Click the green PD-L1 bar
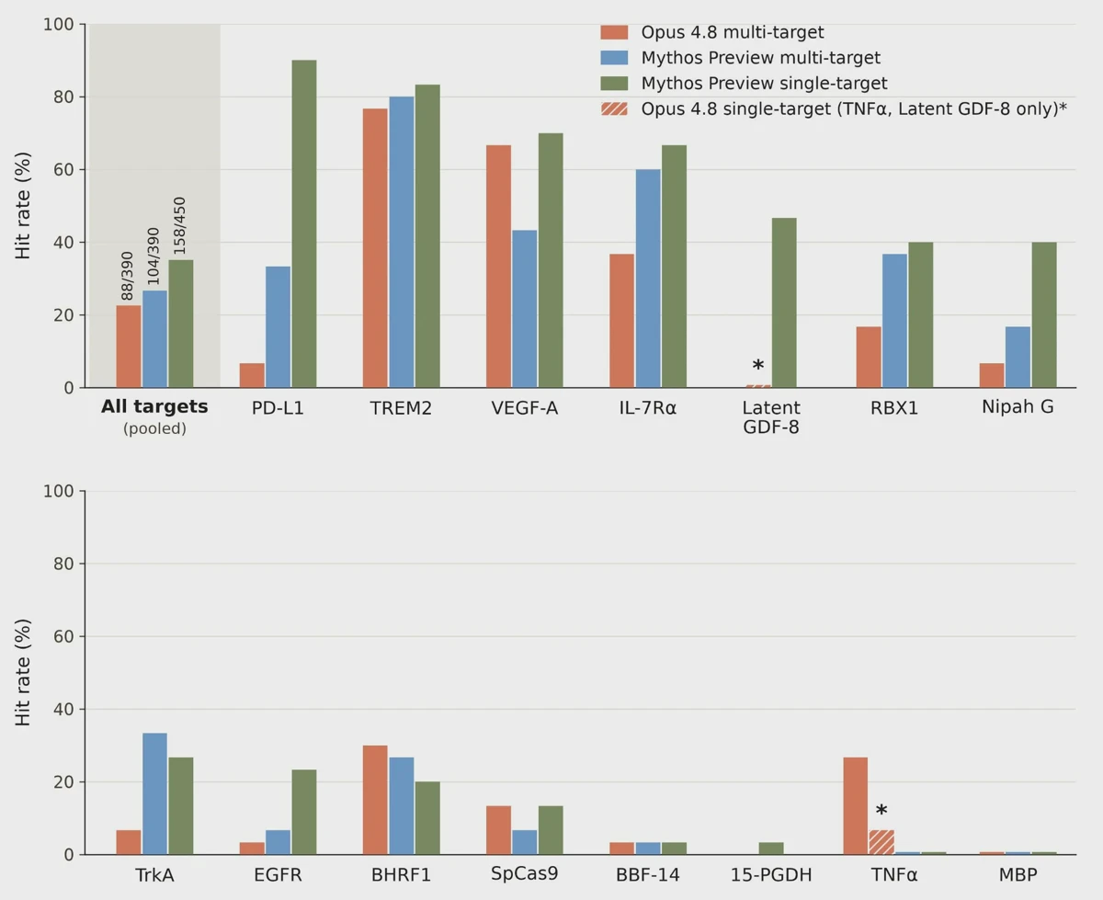point(304,223)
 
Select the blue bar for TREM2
point(401,242)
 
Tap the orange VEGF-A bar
point(498,267)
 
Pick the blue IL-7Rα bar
point(648,279)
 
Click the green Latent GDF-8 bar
point(784,302)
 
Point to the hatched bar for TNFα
point(881,842)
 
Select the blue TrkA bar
point(154,794)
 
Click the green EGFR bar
point(304,812)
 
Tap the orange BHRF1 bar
point(375,800)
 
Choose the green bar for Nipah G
point(1044,314)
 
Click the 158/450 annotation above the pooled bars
point(180,226)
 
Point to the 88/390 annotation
point(127,276)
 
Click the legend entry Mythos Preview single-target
point(764,83)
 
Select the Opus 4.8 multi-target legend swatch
point(614,32)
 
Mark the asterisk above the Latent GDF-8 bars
point(757,366)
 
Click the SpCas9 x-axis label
point(525,874)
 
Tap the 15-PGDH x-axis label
point(771,875)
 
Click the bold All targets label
point(154,406)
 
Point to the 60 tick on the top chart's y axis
point(63,170)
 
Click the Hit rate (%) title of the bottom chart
point(23,673)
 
